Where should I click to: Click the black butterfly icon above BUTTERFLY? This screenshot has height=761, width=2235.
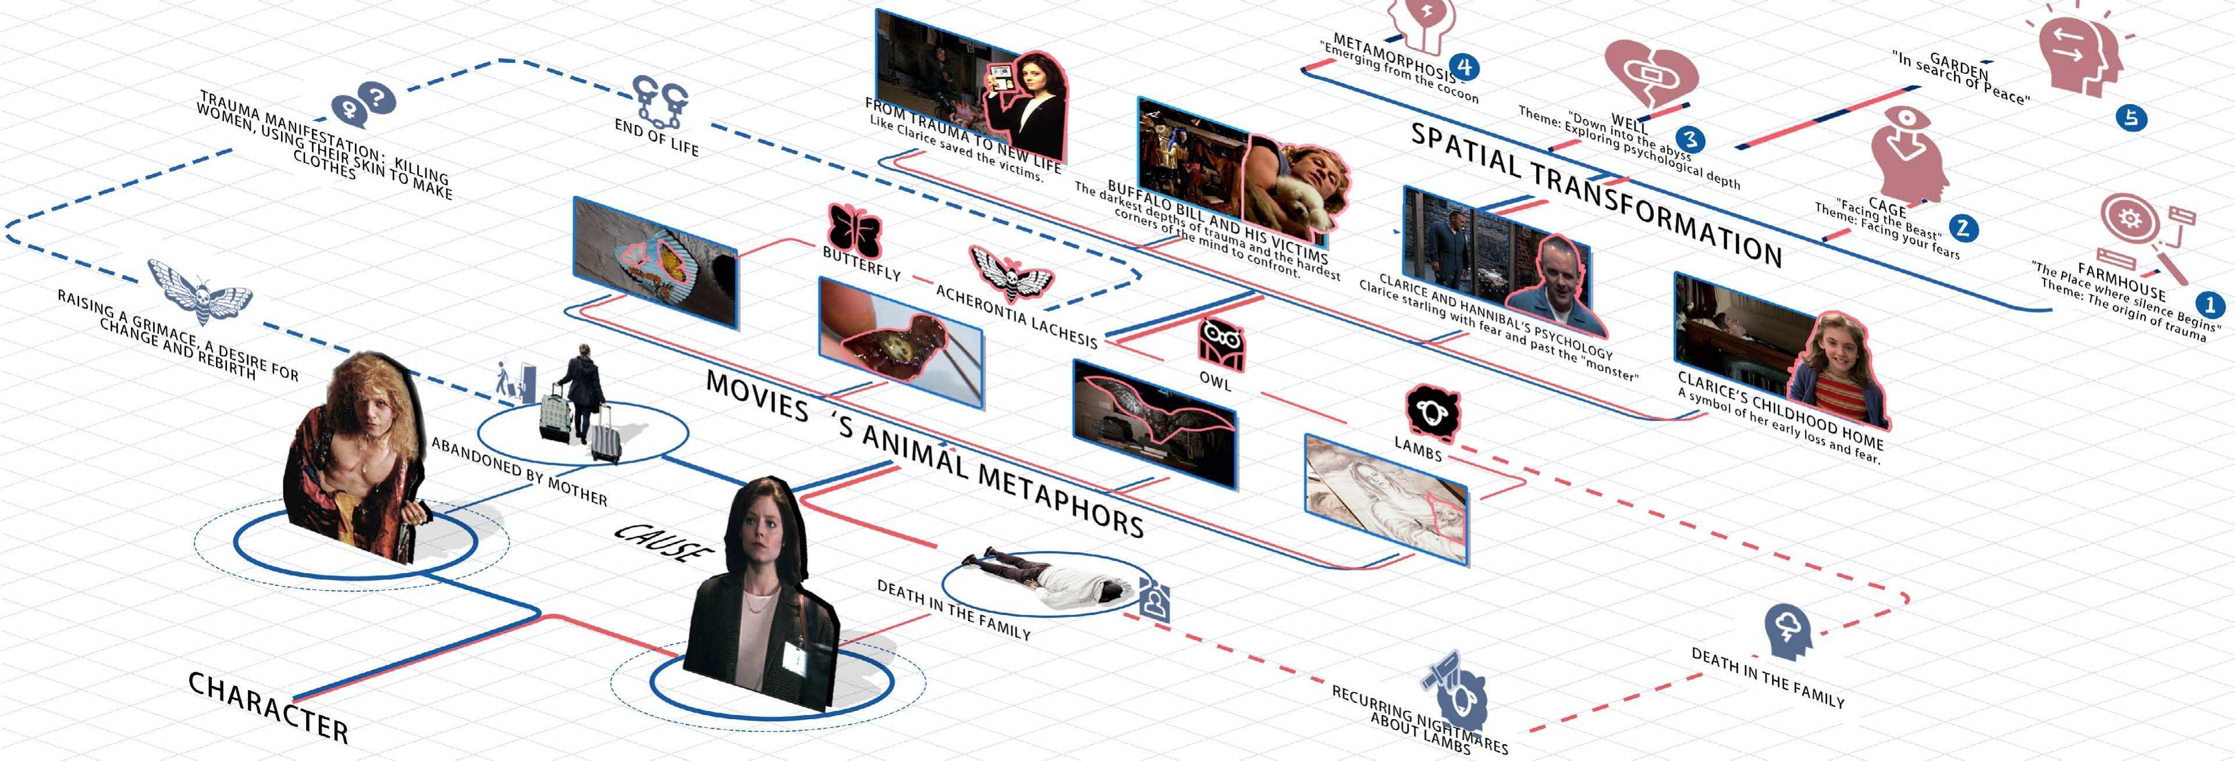point(854,228)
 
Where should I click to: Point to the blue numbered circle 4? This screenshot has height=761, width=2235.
point(1465,67)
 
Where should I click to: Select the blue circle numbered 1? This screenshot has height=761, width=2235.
point(2209,304)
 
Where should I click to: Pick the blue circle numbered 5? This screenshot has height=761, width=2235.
point(2131,117)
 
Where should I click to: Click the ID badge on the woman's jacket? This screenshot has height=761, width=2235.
point(794,656)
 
